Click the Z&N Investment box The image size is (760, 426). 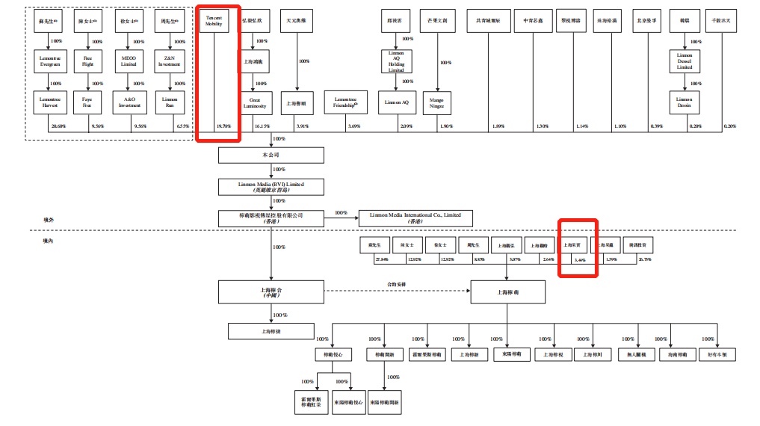tap(169, 59)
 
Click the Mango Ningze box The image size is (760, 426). tap(437, 101)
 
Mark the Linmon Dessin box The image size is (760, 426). tap(685, 101)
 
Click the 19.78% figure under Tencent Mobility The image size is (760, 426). tap(223, 126)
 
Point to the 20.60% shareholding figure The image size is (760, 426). tap(59, 126)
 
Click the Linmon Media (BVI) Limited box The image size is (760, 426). tap(271, 186)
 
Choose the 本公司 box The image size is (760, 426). tap(271, 155)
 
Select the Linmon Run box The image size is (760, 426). tap(169, 101)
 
